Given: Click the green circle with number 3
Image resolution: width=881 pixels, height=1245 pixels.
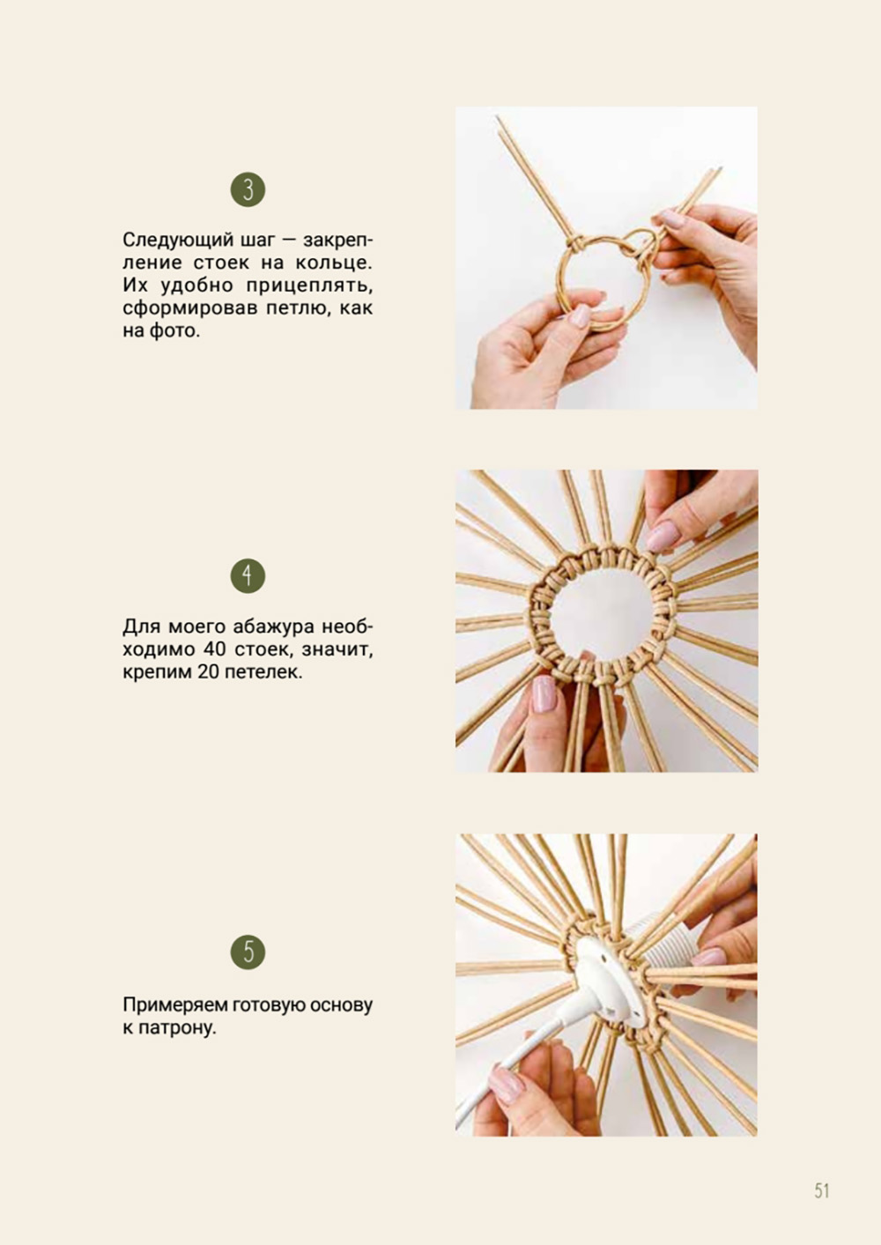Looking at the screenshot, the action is [x=248, y=189].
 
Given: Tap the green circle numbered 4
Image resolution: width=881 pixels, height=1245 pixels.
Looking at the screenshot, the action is [x=248, y=576].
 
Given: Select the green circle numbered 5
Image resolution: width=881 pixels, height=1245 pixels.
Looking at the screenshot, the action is [x=248, y=952].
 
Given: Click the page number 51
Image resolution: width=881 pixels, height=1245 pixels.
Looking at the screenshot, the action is [x=822, y=1190].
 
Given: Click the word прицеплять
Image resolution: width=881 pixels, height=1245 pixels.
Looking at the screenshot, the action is [x=309, y=285].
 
